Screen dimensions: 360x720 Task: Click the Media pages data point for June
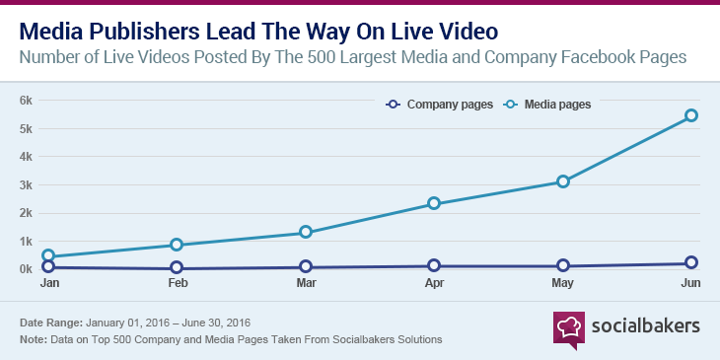[x=691, y=115]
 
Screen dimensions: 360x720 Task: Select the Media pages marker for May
[x=563, y=181]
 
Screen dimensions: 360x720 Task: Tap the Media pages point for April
[x=434, y=203]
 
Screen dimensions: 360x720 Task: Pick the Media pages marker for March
[x=306, y=232]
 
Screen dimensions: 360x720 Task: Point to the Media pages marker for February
[x=177, y=245]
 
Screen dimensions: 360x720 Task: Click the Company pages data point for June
[x=691, y=263]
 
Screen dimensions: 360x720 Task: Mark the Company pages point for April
[x=434, y=265]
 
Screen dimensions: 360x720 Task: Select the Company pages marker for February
[x=177, y=267]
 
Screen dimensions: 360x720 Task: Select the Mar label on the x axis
[x=306, y=283]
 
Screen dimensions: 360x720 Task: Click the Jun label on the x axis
[x=691, y=283]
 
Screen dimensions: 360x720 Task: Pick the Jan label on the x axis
[x=48, y=283]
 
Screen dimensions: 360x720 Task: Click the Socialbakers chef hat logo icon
[x=568, y=326]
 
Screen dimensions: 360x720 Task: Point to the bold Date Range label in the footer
[x=50, y=324]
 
